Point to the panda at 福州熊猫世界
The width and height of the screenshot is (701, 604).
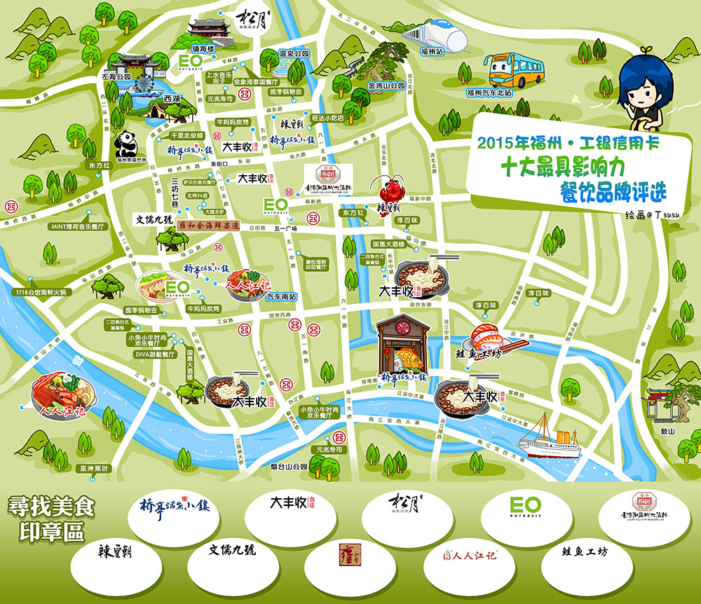(x=126, y=144)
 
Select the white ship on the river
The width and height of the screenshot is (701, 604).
(x=550, y=436)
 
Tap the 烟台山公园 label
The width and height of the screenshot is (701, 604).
(x=290, y=466)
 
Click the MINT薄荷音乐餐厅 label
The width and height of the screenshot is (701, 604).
(x=76, y=226)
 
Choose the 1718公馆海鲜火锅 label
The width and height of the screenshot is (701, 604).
(x=42, y=291)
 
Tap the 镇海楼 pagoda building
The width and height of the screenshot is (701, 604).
(x=210, y=32)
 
